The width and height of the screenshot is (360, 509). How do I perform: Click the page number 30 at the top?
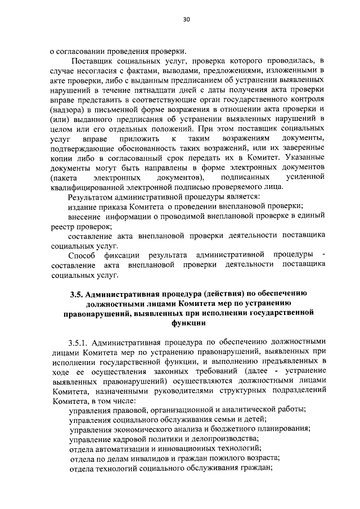(186, 20)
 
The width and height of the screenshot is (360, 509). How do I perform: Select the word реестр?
(62, 226)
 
